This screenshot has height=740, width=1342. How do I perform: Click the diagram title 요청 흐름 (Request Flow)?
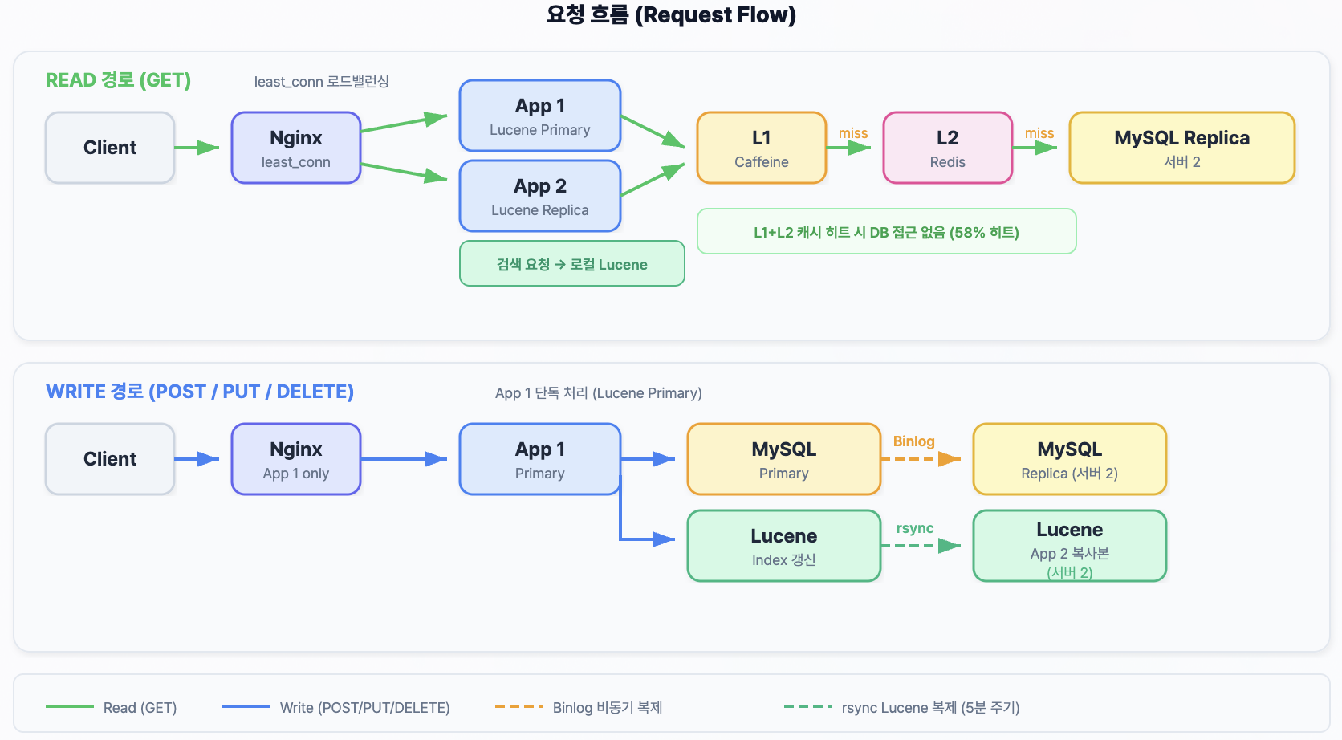[x=670, y=15]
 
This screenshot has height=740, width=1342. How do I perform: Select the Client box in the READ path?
[x=110, y=148]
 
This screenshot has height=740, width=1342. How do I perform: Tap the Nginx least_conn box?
[x=296, y=148]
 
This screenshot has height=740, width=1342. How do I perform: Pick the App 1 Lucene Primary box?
[x=540, y=116]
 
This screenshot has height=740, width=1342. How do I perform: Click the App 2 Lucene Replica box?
[x=540, y=196]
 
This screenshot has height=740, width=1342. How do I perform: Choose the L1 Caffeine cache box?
[x=762, y=148]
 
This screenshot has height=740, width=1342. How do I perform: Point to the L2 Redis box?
[x=948, y=148]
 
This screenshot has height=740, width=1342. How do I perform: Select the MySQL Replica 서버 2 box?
[x=1182, y=148]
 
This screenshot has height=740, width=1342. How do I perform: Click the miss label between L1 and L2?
[x=853, y=133]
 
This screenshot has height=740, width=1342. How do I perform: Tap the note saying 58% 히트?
[x=886, y=232]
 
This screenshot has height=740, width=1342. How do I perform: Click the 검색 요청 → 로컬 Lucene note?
[x=571, y=264]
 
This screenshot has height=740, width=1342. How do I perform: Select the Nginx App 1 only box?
[x=296, y=459]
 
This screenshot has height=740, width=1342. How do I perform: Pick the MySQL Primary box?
[x=784, y=459]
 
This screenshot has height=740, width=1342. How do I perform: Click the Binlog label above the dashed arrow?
[x=913, y=441]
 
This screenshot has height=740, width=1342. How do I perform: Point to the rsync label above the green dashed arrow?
[x=915, y=528]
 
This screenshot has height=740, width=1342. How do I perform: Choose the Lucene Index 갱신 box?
[x=784, y=546]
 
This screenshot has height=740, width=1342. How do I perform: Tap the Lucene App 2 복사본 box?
[x=1070, y=546]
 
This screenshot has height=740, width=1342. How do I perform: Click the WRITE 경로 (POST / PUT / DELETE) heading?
[x=200, y=392]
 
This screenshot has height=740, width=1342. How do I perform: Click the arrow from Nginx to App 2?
[x=404, y=172]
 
